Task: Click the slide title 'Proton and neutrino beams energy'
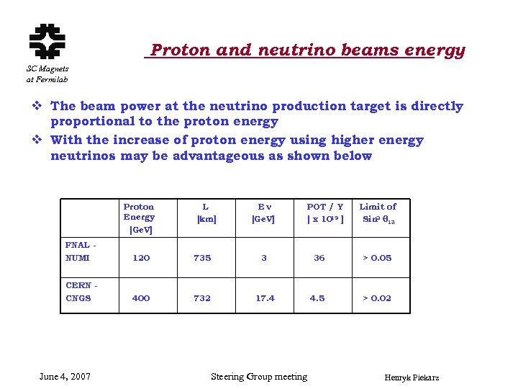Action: (308, 50)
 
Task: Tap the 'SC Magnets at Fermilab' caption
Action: (47, 73)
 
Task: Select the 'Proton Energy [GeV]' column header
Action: (139, 218)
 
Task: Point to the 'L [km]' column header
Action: (206, 213)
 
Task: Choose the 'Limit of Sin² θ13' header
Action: (378, 213)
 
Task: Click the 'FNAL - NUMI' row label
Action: (81, 251)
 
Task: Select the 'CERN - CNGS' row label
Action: (81, 292)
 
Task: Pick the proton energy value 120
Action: (142, 258)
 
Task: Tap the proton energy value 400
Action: (141, 298)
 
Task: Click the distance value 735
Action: (202, 258)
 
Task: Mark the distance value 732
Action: (202, 298)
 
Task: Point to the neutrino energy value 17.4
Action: (265, 298)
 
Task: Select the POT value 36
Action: (319, 258)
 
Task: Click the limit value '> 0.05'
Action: (377, 258)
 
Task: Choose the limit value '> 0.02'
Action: (377, 298)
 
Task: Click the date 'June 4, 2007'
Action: (65, 377)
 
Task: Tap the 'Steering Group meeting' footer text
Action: (259, 377)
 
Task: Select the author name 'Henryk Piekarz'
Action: (412, 378)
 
